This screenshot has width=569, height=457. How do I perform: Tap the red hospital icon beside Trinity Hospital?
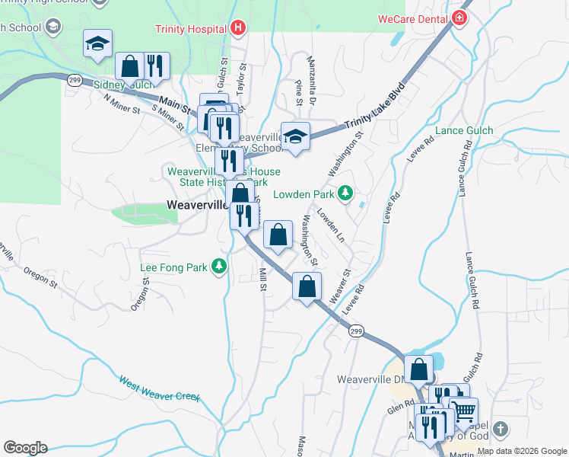(238, 29)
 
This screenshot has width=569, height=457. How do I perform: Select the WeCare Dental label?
(413, 18)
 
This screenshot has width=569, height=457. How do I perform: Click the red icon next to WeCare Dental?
(459, 18)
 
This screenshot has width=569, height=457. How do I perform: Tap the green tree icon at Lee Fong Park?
(219, 267)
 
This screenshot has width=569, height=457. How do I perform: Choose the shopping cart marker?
(463, 411)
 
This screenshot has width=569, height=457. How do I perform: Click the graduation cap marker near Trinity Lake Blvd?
(295, 136)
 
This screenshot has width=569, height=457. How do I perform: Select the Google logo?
(25, 448)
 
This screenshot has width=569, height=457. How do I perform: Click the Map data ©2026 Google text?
(522, 451)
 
